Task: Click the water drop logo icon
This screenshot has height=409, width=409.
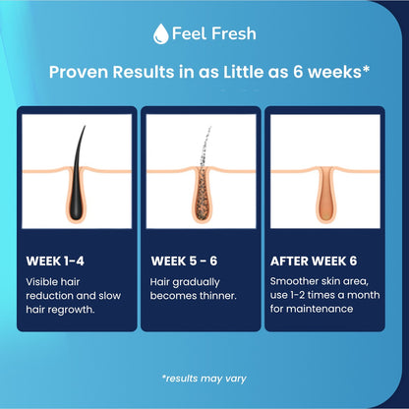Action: (x=160, y=33)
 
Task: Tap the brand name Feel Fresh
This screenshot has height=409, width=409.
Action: (x=213, y=33)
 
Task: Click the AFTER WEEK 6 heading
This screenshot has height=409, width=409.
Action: (x=314, y=261)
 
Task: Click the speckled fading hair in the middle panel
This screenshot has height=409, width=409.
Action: (x=203, y=147)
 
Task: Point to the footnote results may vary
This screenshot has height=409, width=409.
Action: (x=204, y=378)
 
